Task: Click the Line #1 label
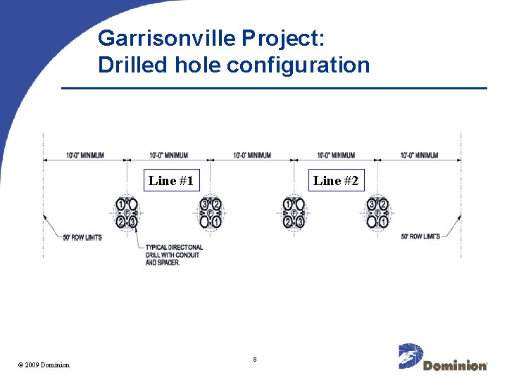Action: [x=170, y=181]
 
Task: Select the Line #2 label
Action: [x=336, y=181]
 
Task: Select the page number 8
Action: [x=255, y=360]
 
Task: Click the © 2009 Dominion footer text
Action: [x=44, y=365]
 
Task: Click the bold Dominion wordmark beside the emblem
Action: [x=455, y=365]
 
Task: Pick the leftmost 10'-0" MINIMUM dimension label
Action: [x=85, y=155]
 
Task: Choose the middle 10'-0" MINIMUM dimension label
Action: [x=252, y=155]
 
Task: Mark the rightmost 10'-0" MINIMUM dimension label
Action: [x=419, y=155]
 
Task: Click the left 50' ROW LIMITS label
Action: [x=82, y=237]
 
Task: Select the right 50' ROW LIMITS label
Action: [x=420, y=236]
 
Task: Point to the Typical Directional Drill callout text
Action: [x=174, y=255]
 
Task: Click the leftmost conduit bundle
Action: [x=127, y=213]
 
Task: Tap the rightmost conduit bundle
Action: [x=378, y=213]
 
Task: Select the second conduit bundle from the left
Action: [x=211, y=213]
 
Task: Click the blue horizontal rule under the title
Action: [x=274, y=88]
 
